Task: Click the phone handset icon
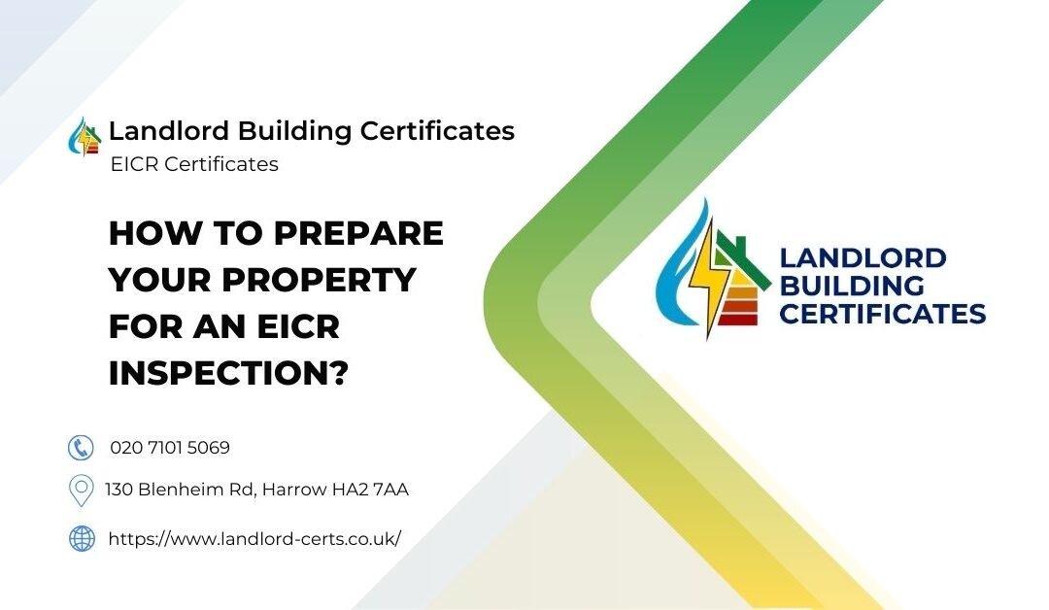click(81, 448)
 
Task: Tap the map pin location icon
click(81, 491)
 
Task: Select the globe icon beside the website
click(82, 538)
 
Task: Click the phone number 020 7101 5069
click(170, 448)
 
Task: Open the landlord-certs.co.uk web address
click(254, 538)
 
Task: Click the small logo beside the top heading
click(85, 137)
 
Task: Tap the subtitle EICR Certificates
click(194, 164)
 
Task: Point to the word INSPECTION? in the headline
click(228, 374)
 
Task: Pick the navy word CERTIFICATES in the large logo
click(883, 315)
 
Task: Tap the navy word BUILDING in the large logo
click(852, 287)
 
